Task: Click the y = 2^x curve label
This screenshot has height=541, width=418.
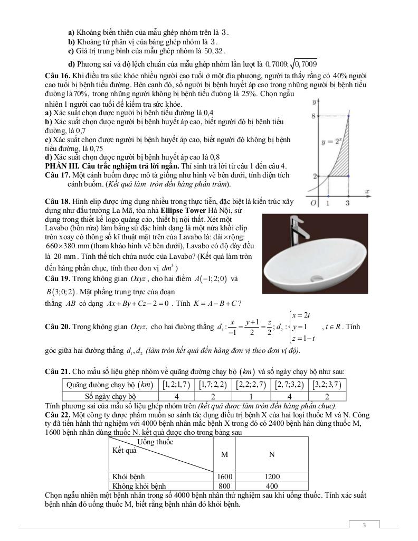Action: coord(332,142)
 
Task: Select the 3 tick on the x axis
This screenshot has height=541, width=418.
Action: coord(348,203)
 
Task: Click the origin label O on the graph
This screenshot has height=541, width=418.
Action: coord(313,203)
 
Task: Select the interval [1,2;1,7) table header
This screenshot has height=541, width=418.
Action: coord(176,385)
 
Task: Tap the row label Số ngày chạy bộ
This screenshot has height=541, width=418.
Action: coord(111,396)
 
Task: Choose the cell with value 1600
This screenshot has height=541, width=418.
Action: coord(225,477)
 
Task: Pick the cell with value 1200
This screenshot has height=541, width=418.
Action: coord(272,477)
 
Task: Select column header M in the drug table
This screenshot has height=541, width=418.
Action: coord(225,454)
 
